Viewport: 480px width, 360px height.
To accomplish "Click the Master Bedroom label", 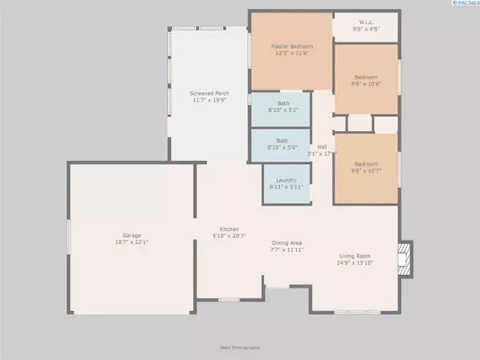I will pos(290,46).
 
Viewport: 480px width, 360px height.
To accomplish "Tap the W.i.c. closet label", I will pos(366,23).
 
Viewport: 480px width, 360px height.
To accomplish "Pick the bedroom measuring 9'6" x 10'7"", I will pos(366,166).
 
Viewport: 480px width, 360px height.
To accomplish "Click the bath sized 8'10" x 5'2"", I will pos(283,107).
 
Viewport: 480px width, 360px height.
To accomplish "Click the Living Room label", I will pos(354,256).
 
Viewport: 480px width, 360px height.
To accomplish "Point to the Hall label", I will pos(322,146).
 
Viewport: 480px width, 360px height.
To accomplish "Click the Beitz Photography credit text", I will pos(240,348).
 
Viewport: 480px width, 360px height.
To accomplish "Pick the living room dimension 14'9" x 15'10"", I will pos(354,262).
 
